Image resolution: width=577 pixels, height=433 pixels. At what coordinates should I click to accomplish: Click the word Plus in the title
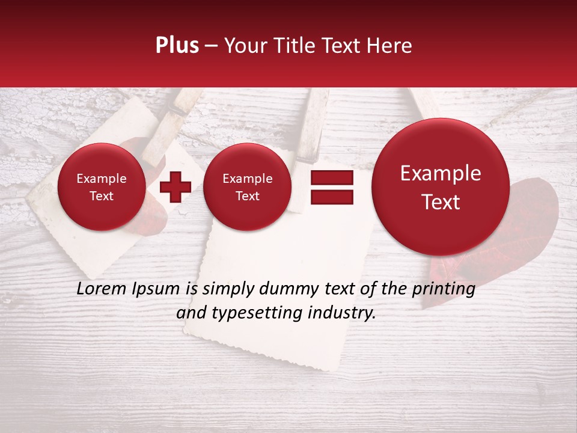click(177, 46)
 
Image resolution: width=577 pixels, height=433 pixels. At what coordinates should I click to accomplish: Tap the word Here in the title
click(389, 46)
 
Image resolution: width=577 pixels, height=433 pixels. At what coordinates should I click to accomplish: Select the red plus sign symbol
click(176, 186)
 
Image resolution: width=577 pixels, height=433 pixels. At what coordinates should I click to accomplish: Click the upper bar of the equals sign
click(331, 177)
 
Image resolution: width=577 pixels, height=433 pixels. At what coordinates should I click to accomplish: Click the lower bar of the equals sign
click(331, 197)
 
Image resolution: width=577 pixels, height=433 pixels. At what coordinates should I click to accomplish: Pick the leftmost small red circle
click(102, 187)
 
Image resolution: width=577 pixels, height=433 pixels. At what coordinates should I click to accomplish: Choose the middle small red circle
click(248, 187)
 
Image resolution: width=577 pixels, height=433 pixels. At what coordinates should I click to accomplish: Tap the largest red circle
click(441, 187)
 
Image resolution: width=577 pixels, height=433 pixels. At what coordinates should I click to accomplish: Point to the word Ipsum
click(156, 289)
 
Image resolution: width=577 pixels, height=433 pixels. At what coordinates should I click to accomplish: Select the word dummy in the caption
click(283, 289)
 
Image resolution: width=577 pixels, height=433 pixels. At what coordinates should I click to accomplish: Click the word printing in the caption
click(443, 289)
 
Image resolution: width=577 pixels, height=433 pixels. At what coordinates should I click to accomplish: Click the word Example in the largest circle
click(441, 173)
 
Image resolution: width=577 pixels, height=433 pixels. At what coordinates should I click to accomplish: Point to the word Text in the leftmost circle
click(102, 196)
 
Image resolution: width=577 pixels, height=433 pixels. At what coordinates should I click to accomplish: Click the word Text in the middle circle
click(248, 196)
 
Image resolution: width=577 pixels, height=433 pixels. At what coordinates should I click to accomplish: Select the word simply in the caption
click(224, 289)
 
